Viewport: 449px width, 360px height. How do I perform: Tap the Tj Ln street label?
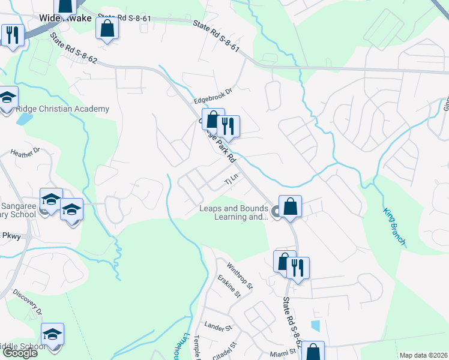[231, 179]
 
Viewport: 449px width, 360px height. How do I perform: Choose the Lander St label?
[218, 328]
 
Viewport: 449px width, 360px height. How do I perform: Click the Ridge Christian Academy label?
[62, 109]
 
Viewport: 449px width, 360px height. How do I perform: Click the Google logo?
[20, 353]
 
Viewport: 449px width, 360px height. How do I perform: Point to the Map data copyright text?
[423, 355]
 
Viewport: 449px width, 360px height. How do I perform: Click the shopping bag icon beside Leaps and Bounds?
[290, 206]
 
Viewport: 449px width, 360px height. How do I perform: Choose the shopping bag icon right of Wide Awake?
[107, 28]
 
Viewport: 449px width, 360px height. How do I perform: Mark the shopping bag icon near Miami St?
[312, 352]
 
